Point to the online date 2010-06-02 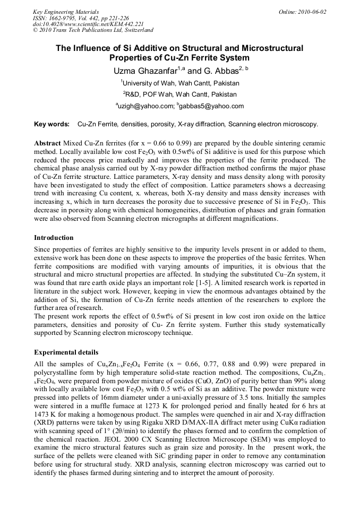click(x=311, y=12)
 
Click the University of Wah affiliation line click(x=180, y=83)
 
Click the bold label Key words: click(x=52, y=124)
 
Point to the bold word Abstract click(x=47, y=144)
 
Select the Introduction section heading click(x=54, y=237)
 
